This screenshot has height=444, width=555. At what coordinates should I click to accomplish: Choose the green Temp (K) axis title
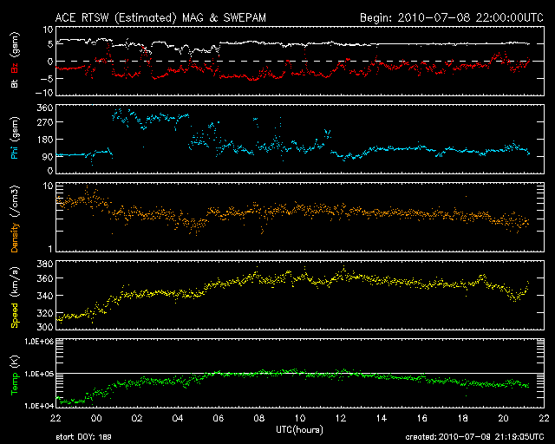[x=15, y=373]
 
